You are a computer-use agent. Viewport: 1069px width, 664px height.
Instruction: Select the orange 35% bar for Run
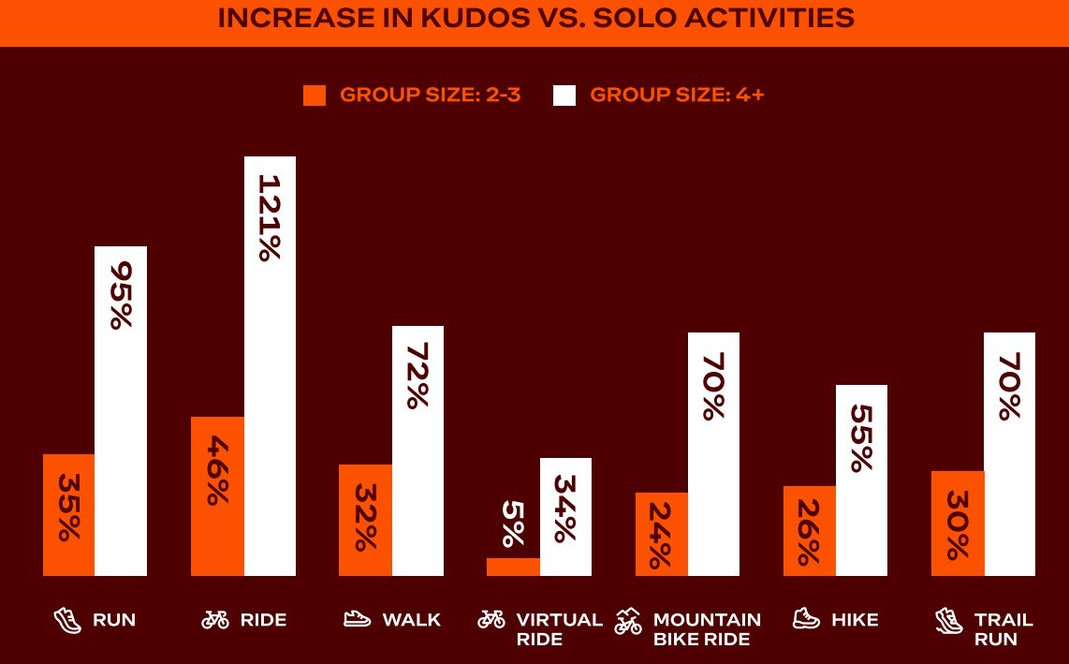click(x=68, y=515)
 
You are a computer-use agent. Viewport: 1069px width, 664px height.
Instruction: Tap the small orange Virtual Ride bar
click(x=513, y=567)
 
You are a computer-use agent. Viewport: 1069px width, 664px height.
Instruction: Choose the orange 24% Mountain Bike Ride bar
click(x=661, y=534)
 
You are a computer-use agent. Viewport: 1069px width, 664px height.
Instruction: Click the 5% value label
click(x=513, y=524)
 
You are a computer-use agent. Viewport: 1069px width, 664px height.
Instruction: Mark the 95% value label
click(x=121, y=295)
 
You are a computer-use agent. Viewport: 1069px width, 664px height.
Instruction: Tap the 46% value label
click(x=217, y=470)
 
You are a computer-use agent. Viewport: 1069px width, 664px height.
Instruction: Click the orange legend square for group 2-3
click(x=315, y=96)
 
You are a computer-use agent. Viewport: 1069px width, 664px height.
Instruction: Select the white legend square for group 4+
click(x=564, y=96)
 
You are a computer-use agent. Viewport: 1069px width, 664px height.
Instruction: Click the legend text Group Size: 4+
click(x=677, y=95)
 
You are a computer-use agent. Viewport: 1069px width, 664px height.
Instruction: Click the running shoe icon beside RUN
click(x=67, y=620)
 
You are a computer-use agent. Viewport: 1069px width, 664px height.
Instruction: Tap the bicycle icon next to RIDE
click(x=215, y=620)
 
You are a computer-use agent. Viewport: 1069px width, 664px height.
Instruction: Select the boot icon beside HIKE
click(x=806, y=619)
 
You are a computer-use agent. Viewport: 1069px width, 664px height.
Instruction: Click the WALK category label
click(x=411, y=620)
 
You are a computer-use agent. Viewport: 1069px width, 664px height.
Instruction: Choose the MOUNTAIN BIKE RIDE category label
click(x=707, y=629)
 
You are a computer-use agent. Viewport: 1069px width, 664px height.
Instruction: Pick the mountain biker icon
click(x=628, y=622)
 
